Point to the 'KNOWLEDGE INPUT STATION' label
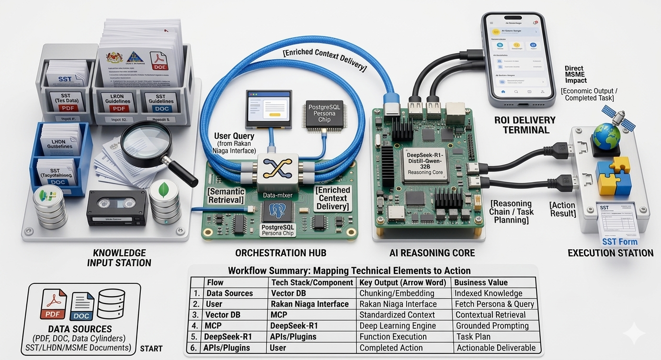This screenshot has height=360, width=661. [119, 258]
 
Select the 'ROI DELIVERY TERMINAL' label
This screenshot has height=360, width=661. [525, 124]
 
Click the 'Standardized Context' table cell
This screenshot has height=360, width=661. [397, 315]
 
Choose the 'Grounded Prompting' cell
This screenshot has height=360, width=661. [492, 326]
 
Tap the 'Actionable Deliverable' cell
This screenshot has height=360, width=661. [496, 348]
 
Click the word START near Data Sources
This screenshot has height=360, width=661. [151, 349]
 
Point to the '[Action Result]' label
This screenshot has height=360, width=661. [562, 210]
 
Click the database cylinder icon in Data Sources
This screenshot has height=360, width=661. [111, 304]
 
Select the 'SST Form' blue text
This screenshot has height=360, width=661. [620, 242]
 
